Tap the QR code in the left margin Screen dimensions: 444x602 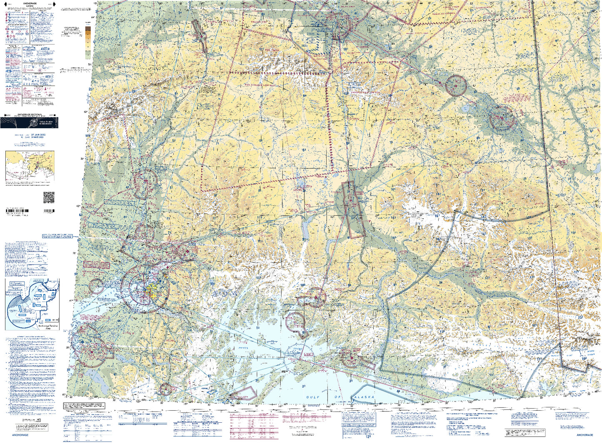click(49, 197)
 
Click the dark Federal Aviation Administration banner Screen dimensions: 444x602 click(29, 122)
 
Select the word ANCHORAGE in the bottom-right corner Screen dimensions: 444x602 click(585, 435)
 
